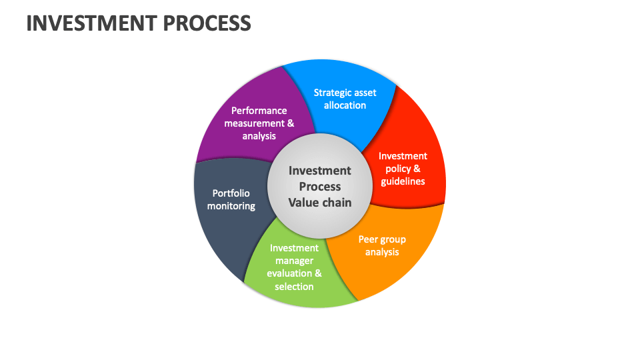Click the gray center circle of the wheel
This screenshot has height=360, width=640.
[x=320, y=187]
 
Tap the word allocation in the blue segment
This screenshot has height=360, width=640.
[x=345, y=105]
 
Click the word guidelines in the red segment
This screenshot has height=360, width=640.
[x=402, y=181]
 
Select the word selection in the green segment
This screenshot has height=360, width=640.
[x=294, y=287]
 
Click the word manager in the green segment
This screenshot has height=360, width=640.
[x=294, y=261]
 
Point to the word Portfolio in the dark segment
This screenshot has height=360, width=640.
[x=231, y=193]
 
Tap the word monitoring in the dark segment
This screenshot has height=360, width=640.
[x=231, y=206]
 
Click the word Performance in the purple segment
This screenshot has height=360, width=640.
[x=259, y=111]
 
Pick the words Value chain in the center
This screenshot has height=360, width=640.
[x=320, y=203]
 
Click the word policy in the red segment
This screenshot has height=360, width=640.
[x=396, y=169]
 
